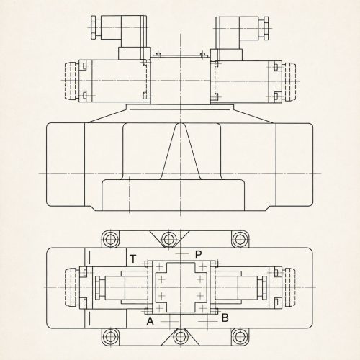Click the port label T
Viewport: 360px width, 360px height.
pyautogui.click(x=132, y=259)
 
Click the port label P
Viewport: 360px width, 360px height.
pyautogui.click(x=199, y=255)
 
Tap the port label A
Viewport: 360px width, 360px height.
pyautogui.click(x=150, y=321)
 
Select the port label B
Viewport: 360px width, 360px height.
pyautogui.click(x=225, y=318)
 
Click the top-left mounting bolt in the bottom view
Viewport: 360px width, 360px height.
pyautogui.click(x=111, y=239)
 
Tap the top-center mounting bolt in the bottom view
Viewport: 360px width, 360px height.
pyautogui.click(x=169, y=239)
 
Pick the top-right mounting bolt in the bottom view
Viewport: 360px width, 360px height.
pyautogui.click(x=239, y=239)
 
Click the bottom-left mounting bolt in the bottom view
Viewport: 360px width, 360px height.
pyautogui.click(x=111, y=337)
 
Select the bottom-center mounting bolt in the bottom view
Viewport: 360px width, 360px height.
pyautogui.click(x=180, y=337)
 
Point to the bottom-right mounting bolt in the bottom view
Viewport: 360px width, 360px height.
pyautogui.click(x=239, y=337)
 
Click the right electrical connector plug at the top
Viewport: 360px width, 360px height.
pyautogui.click(x=240, y=38)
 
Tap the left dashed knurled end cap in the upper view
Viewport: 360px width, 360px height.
pyautogui.click(x=71, y=81)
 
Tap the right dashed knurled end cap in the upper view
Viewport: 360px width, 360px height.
pyautogui.click(x=289, y=81)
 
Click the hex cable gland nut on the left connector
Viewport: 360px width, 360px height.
pyautogui.click(x=94, y=27)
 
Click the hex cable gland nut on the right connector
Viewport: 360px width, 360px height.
pyautogui.click(x=266, y=28)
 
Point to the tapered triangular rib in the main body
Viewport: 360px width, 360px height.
pyautogui.click(x=180, y=151)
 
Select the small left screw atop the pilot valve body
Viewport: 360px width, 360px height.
pyautogui.click(x=158, y=55)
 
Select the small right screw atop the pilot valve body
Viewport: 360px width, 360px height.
pyautogui.click(x=203, y=55)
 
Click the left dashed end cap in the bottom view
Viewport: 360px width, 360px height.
pyautogui.click(x=71, y=287)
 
